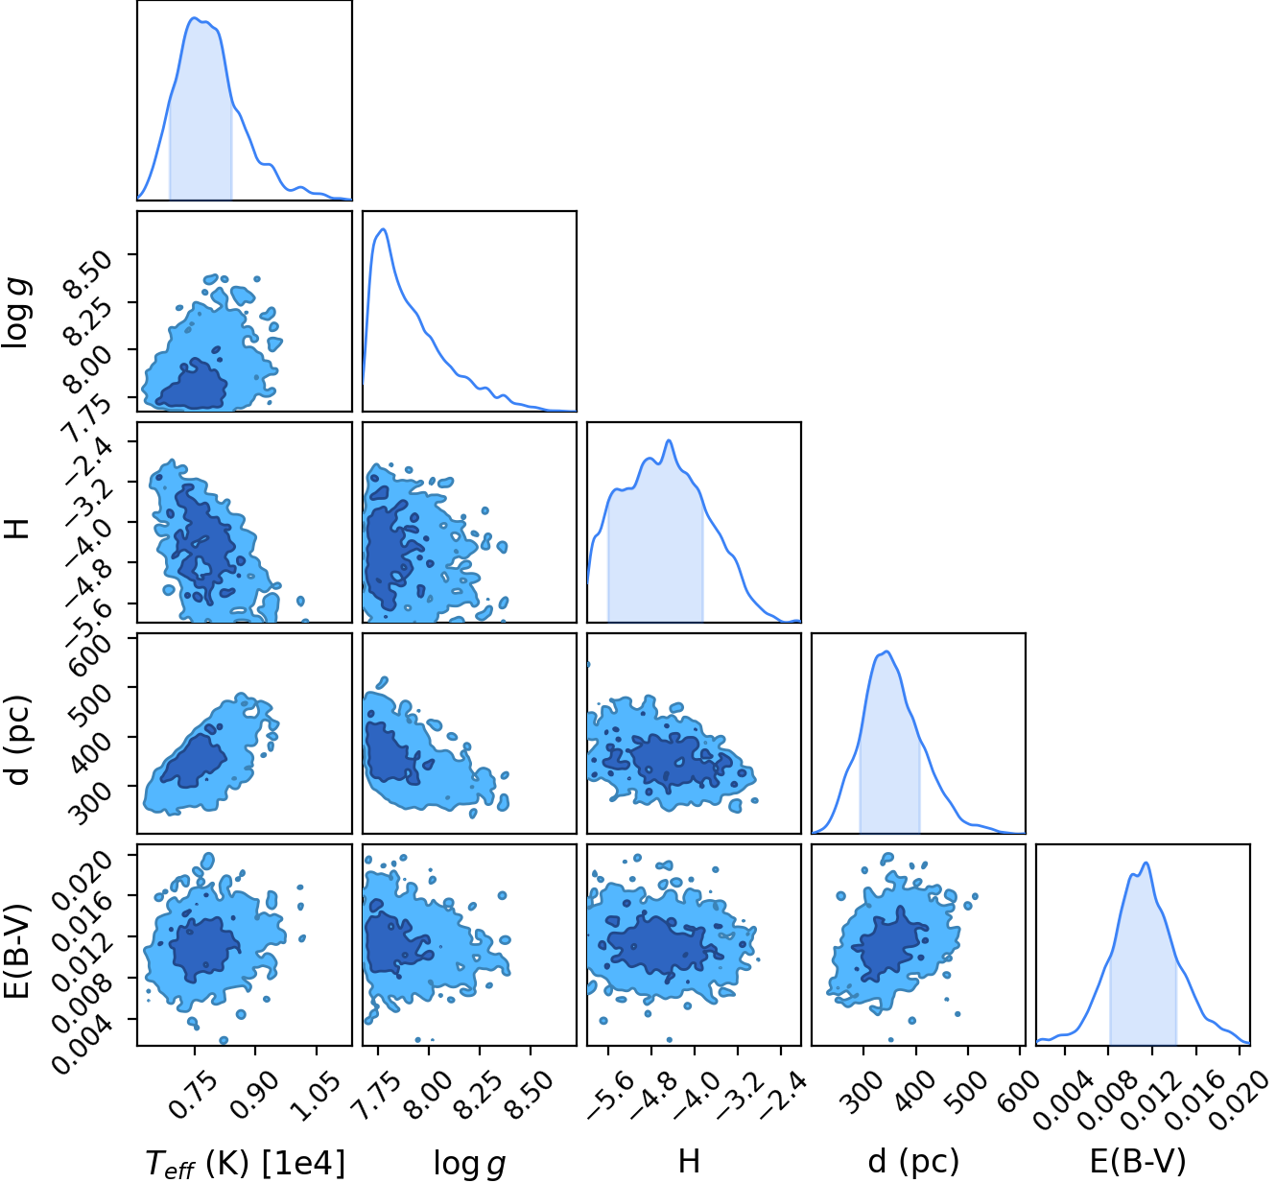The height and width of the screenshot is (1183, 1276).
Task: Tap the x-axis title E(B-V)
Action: pyautogui.click(x=1138, y=1161)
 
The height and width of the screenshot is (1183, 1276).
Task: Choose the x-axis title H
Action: pyautogui.click(x=689, y=1161)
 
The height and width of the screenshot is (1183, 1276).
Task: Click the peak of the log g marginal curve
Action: pyautogui.click(x=384, y=228)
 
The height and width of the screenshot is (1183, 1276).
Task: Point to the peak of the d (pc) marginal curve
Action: pyautogui.click(x=886, y=651)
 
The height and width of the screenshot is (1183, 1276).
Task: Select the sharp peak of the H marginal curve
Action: pyautogui.click(x=669, y=440)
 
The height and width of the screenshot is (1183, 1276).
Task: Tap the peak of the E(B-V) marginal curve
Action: pyautogui.click(x=1146, y=863)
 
